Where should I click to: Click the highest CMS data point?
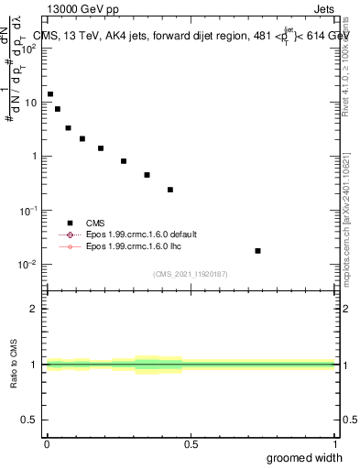click(x=50, y=94)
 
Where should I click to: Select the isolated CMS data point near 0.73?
click(x=258, y=251)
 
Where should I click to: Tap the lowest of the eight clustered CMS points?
click(x=170, y=190)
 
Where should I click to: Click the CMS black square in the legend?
click(x=69, y=223)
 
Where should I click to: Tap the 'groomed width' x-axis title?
click(x=305, y=457)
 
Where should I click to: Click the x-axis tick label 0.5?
click(x=191, y=444)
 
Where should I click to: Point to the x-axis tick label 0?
click(x=47, y=444)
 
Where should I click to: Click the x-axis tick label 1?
click(x=335, y=444)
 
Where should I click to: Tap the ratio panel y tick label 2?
click(x=34, y=309)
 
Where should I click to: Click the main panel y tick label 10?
click(x=30, y=103)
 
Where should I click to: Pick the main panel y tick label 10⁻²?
click(x=28, y=265)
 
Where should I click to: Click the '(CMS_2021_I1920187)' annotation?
click(x=191, y=274)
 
